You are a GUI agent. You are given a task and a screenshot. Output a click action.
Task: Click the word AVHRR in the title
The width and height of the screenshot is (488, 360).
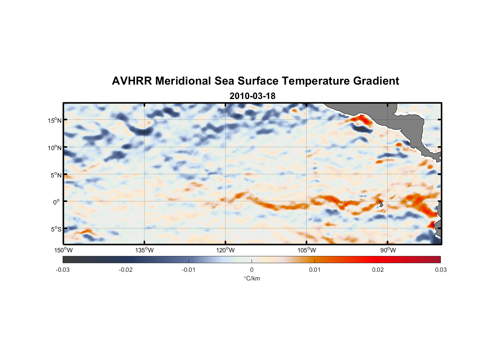[131, 81]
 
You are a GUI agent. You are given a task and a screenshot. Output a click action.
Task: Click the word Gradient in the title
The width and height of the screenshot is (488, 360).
[376, 81]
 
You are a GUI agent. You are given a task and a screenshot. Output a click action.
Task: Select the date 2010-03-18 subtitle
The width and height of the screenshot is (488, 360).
[252, 96]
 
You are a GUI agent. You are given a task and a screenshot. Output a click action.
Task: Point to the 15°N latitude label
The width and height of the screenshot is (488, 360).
[55, 120]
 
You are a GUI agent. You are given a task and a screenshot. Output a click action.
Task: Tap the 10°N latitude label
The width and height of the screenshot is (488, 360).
[55, 148]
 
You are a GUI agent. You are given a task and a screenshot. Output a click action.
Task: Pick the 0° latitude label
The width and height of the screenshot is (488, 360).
[56, 202]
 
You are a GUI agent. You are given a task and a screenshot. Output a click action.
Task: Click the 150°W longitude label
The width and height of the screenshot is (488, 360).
[63, 250]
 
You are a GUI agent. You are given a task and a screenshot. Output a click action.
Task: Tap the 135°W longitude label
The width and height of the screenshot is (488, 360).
[144, 250]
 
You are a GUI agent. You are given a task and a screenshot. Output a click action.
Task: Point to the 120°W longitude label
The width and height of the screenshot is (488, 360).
[225, 250]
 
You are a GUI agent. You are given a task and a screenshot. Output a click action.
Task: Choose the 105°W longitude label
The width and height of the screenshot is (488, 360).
[307, 250]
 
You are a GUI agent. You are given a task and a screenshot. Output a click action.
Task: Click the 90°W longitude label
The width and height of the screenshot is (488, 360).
[388, 250]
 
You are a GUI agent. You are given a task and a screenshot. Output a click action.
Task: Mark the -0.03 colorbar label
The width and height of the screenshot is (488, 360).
[63, 270]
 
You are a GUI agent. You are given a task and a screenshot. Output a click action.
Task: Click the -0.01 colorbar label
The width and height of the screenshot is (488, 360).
[189, 270]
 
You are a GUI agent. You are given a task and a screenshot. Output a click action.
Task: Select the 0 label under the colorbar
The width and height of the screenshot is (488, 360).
[252, 270]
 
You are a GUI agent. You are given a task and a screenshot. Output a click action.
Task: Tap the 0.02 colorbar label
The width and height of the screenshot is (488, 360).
[378, 270]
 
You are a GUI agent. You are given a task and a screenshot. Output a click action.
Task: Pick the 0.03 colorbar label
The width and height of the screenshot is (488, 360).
[440, 270]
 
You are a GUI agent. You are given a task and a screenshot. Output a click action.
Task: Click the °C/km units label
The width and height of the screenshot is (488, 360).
[252, 278]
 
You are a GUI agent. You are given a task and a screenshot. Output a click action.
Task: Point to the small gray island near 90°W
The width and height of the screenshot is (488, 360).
[381, 204]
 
